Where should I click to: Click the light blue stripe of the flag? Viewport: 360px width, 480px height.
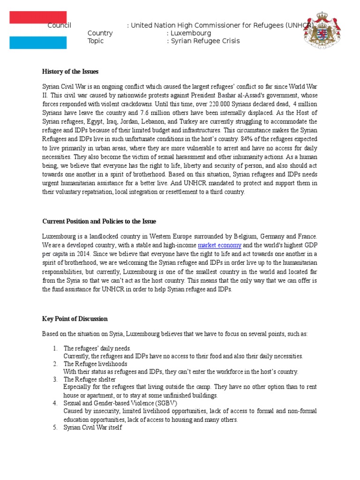[x=38, y=42]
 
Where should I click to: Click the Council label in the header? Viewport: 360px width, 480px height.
[x=59, y=25]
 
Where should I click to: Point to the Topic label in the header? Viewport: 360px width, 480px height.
[x=96, y=41]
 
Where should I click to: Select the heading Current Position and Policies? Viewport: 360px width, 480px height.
[x=99, y=221]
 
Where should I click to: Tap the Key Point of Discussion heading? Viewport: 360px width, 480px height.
[x=75, y=319]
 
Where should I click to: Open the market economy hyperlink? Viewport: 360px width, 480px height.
[x=220, y=245]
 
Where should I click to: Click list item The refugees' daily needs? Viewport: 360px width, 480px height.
[x=97, y=348]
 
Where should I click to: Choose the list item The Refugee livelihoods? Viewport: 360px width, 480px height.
[x=95, y=364]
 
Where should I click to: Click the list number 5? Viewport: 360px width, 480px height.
[x=55, y=427]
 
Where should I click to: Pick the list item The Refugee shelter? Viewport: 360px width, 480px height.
[x=90, y=379]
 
